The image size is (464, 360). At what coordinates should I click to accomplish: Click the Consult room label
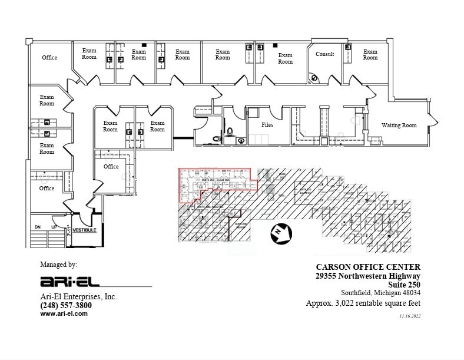point(325,54)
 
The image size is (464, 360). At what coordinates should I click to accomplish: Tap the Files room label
point(267,125)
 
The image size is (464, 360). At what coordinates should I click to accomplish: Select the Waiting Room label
point(399,125)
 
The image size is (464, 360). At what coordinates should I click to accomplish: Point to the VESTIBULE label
point(85,230)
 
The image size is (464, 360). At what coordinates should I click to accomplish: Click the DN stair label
point(37,227)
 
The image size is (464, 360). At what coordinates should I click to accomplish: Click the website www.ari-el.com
point(64,314)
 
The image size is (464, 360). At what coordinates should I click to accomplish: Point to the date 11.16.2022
point(410,316)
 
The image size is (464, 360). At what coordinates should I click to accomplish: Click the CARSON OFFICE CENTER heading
point(368,267)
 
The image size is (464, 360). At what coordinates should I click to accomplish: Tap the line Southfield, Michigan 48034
point(380,293)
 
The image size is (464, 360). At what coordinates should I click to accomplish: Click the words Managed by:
point(58,265)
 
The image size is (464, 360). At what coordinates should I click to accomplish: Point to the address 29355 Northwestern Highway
point(367,276)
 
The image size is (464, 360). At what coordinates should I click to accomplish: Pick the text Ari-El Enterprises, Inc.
point(78,297)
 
